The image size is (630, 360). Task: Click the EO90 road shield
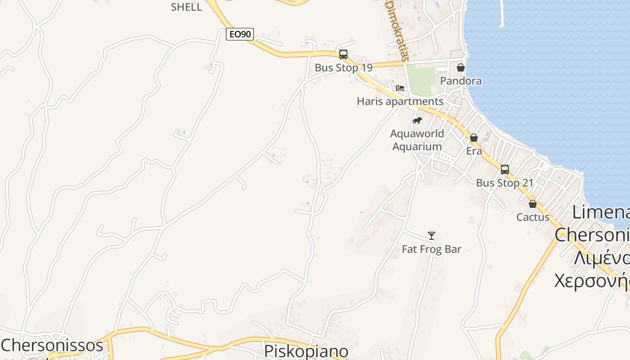240,34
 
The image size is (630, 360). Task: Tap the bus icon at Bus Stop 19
343,54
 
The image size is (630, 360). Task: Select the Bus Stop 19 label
343,68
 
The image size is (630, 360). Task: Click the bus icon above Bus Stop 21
505,170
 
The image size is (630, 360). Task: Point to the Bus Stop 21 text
504,183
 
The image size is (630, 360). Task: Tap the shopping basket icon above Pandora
461,68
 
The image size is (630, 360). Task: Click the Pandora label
461,81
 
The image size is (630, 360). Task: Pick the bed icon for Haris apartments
400,88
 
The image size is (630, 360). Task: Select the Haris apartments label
400,101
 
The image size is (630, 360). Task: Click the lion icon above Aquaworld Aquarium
417,121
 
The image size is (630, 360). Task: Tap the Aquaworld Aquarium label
417,140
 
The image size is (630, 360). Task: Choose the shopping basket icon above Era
474,138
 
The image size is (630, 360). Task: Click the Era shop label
474,151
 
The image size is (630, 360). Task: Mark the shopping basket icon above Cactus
533,204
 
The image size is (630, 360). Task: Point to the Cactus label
533,217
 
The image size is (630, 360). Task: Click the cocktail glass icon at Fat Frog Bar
432,236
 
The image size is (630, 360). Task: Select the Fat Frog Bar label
432,249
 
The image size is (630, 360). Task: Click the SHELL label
186,7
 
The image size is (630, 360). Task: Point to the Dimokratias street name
397,30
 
